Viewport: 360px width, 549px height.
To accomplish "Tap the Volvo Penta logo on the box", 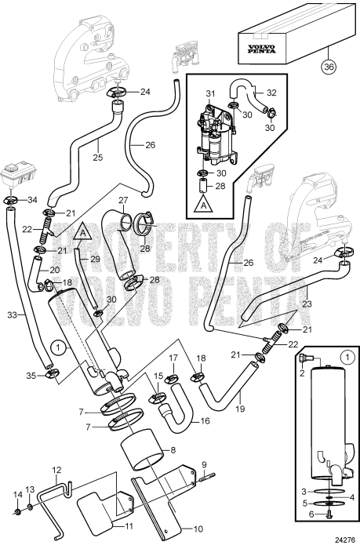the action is click(x=261, y=49).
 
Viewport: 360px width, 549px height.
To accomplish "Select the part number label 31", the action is click(x=210, y=93).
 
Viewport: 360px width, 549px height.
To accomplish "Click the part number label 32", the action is click(x=271, y=93).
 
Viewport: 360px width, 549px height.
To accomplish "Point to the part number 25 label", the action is click(x=98, y=158).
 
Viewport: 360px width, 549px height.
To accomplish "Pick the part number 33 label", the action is click(x=13, y=315).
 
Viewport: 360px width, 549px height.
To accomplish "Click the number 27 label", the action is click(x=123, y=200).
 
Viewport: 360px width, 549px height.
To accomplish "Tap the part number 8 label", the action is click(x=173, y=450).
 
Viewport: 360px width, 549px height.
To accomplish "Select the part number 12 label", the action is click(x=56, y=470).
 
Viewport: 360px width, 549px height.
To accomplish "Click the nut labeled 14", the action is click(x=17, y=513).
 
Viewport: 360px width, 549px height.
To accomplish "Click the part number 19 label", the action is click(x=240, y=409).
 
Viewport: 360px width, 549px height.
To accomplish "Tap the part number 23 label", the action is click(x=307, y=304).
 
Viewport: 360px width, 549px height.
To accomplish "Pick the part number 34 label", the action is click(x=32, y=200).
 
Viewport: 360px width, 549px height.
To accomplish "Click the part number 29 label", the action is click(x=95, y=259).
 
